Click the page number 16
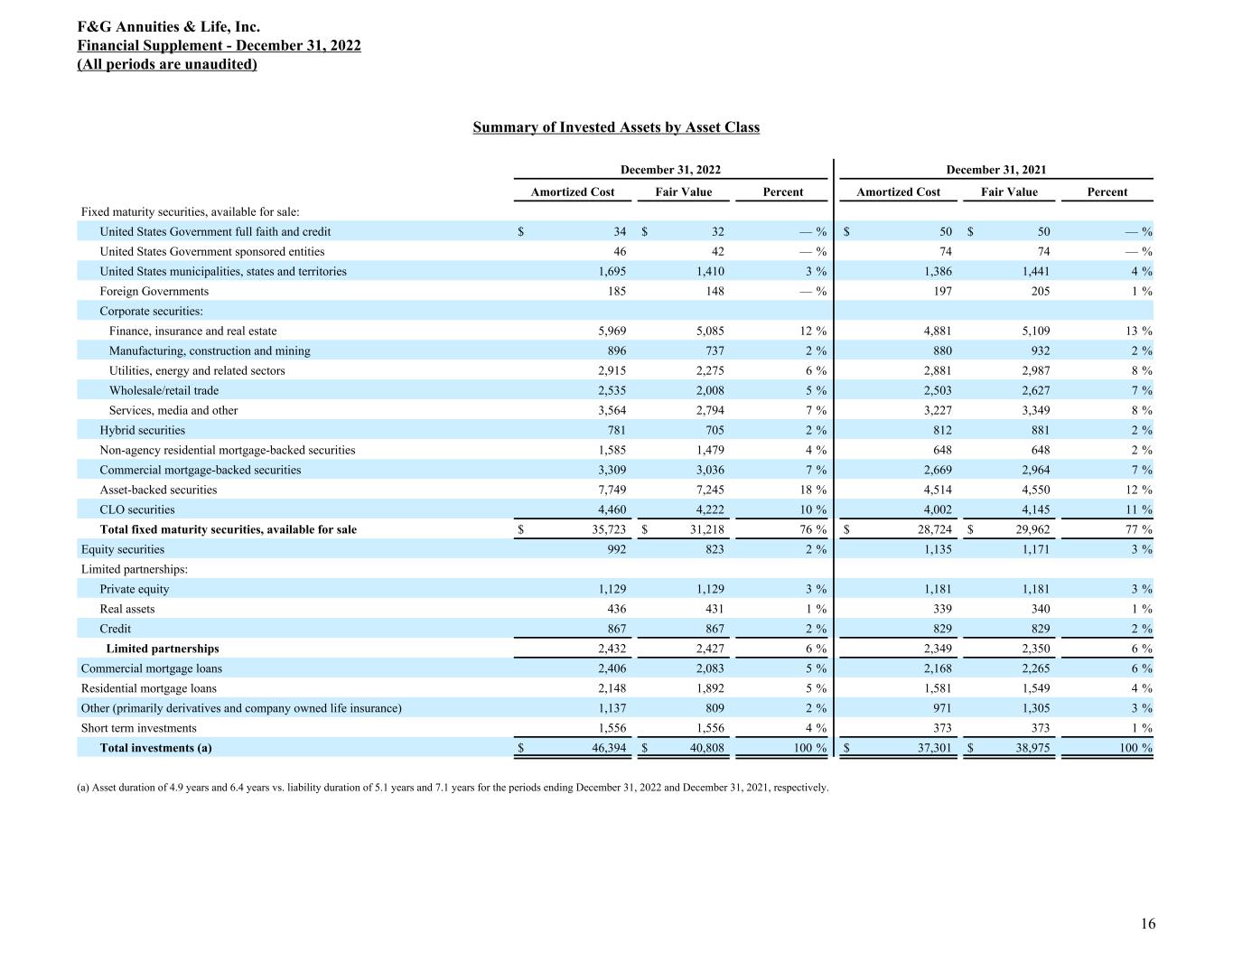(1147, 923)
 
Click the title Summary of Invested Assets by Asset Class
(616, 127)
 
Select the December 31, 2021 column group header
(995, 170)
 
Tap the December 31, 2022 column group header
(670, 170)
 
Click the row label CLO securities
(137, 509)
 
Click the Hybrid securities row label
(142, 430)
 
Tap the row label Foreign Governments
(154, 291)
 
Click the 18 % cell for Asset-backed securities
(813, 490)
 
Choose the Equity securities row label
(123, 549)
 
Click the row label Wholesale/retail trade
(163, 390)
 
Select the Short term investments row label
(138, 728)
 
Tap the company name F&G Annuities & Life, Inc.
(175, 27)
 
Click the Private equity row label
(135, 589)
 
